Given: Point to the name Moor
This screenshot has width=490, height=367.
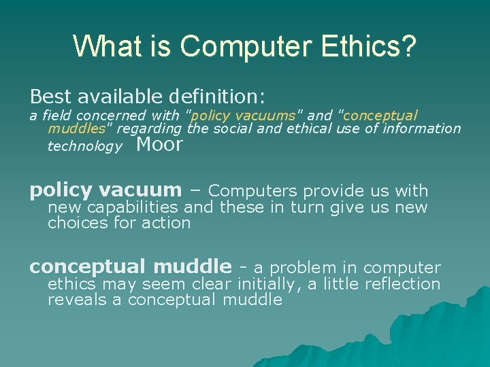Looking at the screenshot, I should [159, 144].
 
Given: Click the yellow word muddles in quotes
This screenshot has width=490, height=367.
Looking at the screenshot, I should [77, 128].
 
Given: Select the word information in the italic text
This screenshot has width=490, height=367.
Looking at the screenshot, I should [422, 128].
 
